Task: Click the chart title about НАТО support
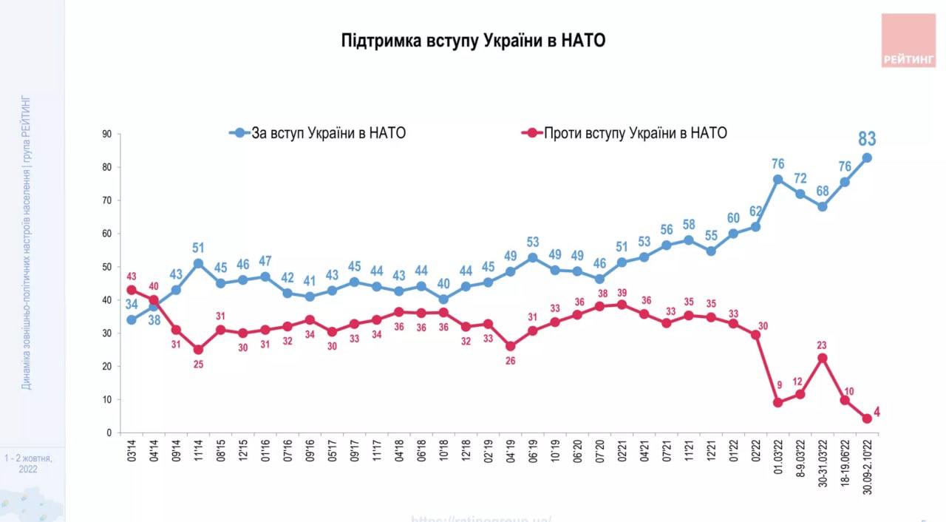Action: (x=473, y=40)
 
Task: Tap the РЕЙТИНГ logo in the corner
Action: (x=908, y=41)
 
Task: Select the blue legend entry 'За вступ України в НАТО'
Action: (x=317, y=133)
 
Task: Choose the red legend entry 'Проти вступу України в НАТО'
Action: (x=625, y=133)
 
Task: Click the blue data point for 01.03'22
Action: (x=777, y=180)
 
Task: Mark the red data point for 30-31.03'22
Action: (x=822, y=358)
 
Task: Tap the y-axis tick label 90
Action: (x=106, y=134)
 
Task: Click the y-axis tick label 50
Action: (x=106, y=267)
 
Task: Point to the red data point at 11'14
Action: (x=198, y=350)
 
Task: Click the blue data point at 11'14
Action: (x=198, y=263)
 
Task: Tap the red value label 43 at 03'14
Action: (x=131, y=276)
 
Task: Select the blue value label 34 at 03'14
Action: (x=130, y=305)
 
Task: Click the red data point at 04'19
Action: (x=510, y=346)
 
